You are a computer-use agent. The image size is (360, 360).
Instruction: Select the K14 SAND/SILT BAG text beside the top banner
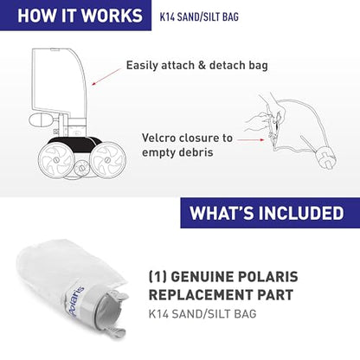tap(200, 16)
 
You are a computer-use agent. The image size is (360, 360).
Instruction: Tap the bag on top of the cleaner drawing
tap(58, 82)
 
